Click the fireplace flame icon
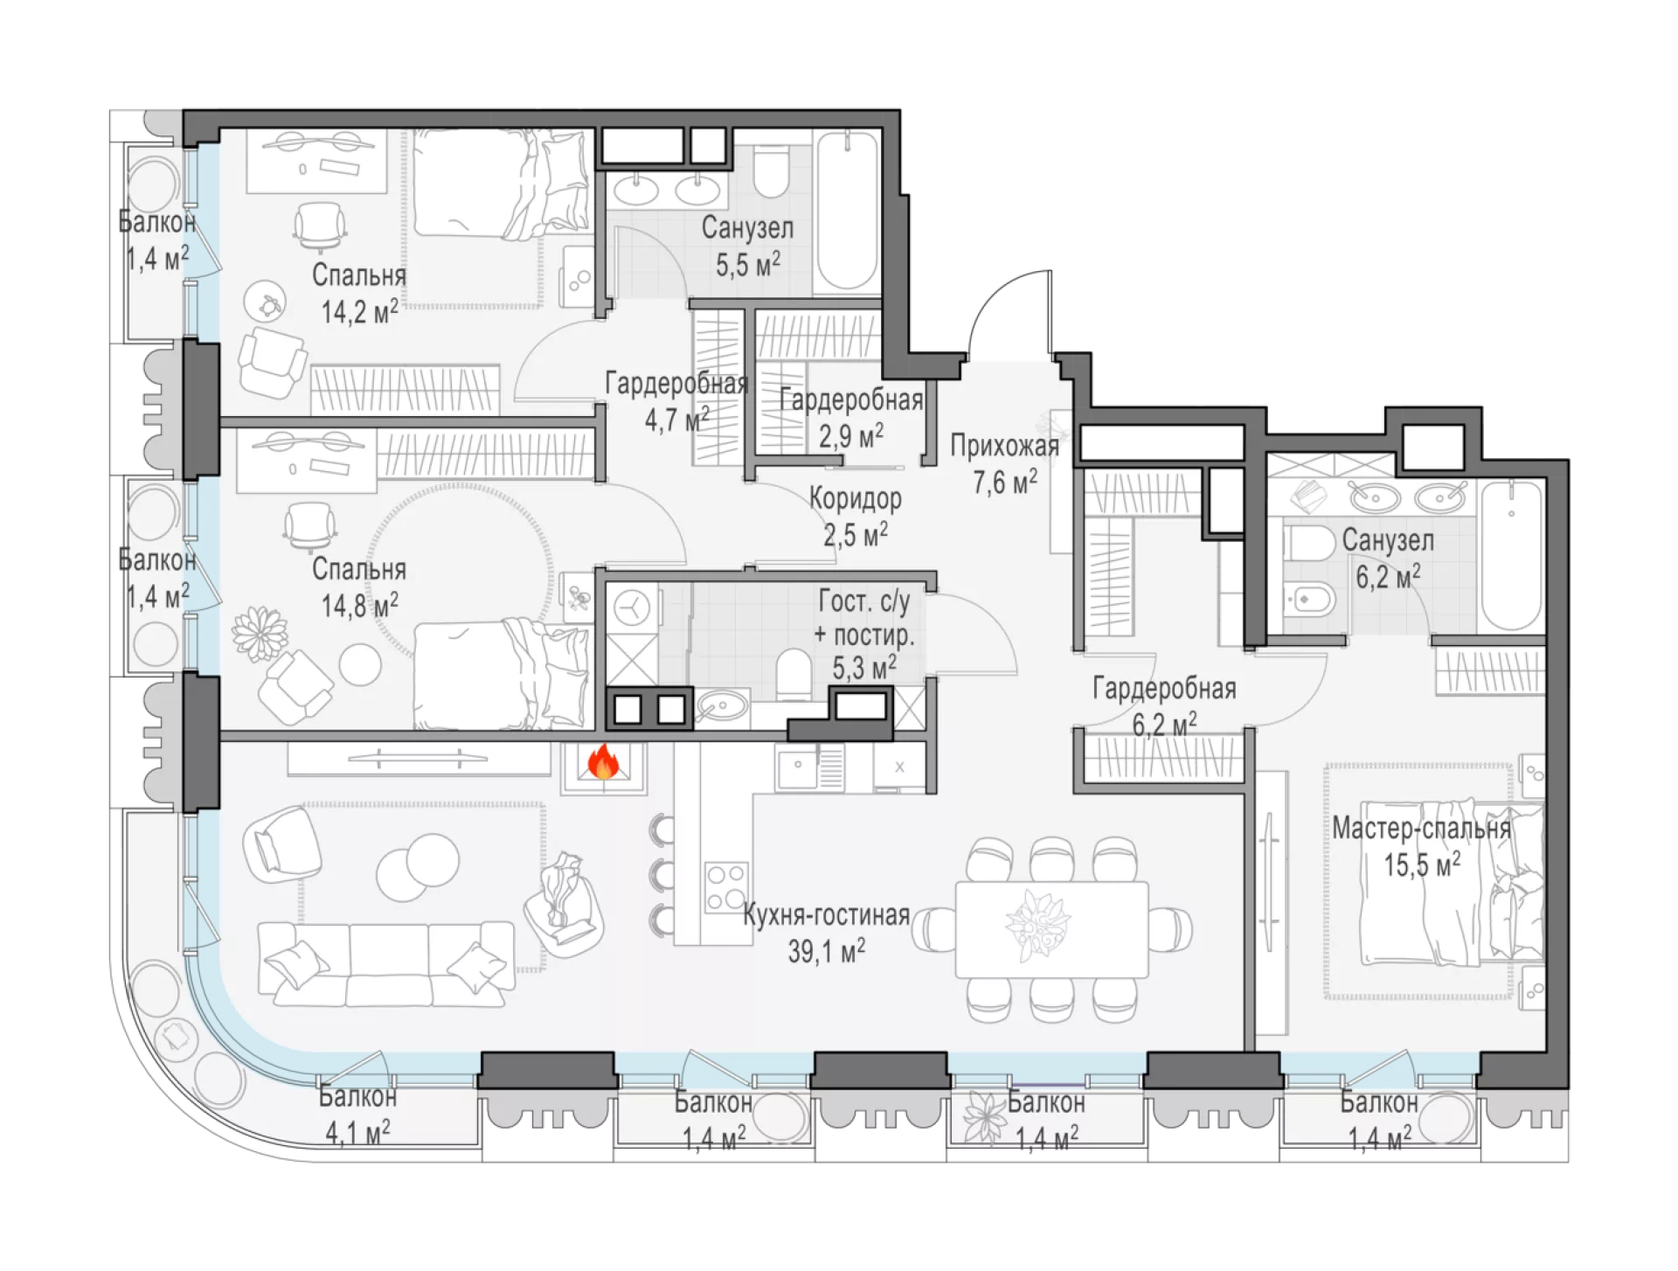(x=603, y=761)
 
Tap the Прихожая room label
(x=1004, y=446)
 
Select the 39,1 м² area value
(x=826, y=950)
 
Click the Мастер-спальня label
(x=1421, y=828)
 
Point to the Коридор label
(x=855, y=498)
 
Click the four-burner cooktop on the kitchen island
(x=726, y=886)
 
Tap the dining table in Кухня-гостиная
(x=1051, y=929)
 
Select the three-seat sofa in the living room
(x=386, y=962)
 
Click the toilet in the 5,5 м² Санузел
(x=771, y=171)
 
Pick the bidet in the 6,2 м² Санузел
(x=1309, y=600)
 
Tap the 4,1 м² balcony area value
(x=357, y=1133)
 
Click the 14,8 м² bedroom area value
(x=359, y=604)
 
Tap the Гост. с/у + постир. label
(x=864, y=618)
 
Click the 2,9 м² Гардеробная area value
(x=850, y=434)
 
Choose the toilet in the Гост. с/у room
(x=794, y=673)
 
